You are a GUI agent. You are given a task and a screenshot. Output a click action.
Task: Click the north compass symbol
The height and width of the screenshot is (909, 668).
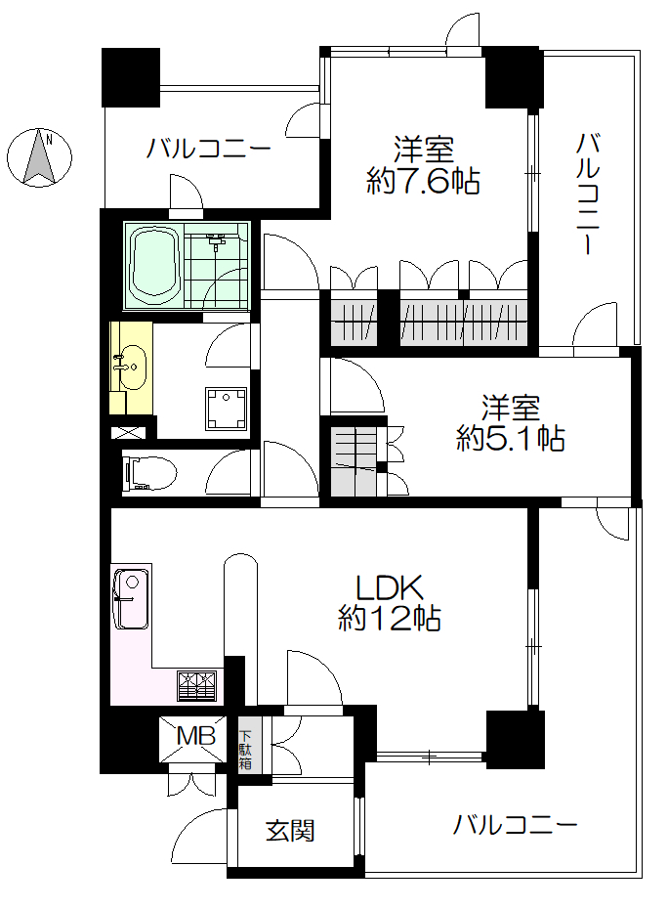point(39,157)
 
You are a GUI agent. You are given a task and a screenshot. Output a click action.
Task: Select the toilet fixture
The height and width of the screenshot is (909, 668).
point(148,472)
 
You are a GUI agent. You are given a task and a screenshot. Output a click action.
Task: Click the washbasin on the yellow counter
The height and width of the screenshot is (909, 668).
point(133,367)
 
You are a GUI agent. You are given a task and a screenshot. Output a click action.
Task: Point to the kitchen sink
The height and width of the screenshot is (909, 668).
point(132,599)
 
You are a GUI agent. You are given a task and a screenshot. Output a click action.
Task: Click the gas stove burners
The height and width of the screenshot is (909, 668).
point(197,686)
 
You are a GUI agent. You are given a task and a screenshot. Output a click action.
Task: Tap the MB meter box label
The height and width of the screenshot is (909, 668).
point(196,736)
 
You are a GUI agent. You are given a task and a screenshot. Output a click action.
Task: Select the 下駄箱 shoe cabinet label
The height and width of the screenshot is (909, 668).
point(246,749)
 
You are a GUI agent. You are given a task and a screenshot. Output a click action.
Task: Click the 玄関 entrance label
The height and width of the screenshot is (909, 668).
point(290,831)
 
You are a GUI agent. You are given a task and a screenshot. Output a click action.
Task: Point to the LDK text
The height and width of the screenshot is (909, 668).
point(390,587)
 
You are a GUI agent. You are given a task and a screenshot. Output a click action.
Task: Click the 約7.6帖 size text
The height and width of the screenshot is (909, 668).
point(423,182)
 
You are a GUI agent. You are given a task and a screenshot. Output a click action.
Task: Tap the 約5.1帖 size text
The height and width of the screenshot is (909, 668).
point(511,438)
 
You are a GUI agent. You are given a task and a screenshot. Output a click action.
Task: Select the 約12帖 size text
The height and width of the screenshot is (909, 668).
point(390,619)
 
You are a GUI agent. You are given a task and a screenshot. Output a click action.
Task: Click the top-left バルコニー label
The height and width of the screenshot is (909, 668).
point(209,149)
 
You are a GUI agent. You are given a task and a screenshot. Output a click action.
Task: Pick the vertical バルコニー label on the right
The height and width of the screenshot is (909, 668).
point(588,194)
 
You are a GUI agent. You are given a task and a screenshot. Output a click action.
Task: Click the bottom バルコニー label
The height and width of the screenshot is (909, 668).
point(515,824)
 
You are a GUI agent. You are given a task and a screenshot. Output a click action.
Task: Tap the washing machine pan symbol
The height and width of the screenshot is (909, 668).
point(226,410)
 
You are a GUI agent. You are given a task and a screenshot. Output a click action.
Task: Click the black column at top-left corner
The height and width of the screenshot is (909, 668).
point(130,77)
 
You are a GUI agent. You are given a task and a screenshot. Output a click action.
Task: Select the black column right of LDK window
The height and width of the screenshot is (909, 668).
point(515,739)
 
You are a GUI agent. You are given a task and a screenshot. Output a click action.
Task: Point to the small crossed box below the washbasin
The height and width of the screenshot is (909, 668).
point(126,432)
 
